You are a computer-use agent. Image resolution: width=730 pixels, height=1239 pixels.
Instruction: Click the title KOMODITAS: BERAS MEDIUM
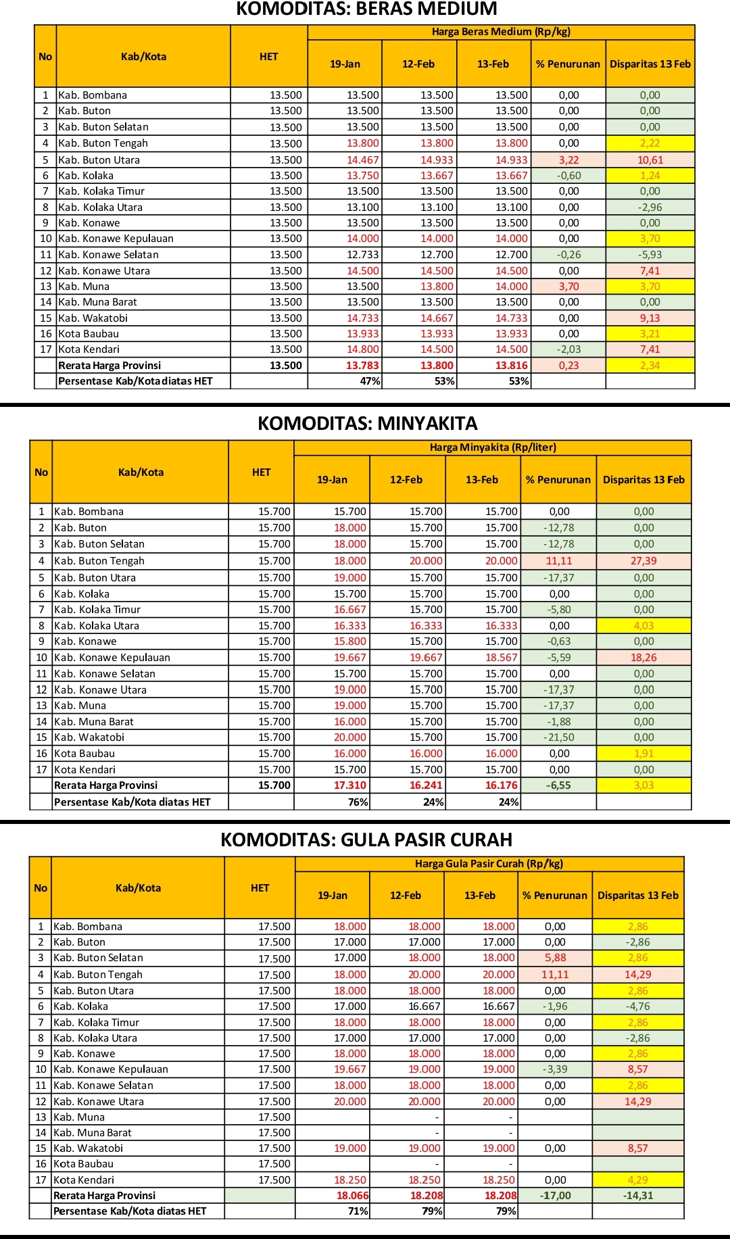366,9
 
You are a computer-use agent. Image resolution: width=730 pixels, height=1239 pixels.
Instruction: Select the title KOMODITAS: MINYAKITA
367,424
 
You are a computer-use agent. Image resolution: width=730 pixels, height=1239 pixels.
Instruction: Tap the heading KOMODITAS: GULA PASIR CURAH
366,840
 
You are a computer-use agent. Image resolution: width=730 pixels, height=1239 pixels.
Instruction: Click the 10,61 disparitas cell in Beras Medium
650,160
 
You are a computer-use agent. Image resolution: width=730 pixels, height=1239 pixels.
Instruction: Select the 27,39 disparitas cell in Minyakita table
643,561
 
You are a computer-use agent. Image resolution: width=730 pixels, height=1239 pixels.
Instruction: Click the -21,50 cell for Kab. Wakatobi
559,737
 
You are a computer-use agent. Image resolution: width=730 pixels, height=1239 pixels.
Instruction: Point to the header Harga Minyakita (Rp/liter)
493,447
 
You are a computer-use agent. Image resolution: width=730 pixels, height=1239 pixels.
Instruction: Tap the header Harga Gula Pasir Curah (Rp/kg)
489,864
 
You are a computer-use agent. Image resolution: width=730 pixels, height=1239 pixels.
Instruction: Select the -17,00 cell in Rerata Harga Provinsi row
555,1196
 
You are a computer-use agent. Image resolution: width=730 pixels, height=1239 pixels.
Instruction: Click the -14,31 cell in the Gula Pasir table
637,1196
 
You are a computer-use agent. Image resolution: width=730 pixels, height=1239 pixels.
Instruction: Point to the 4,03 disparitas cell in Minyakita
643,626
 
